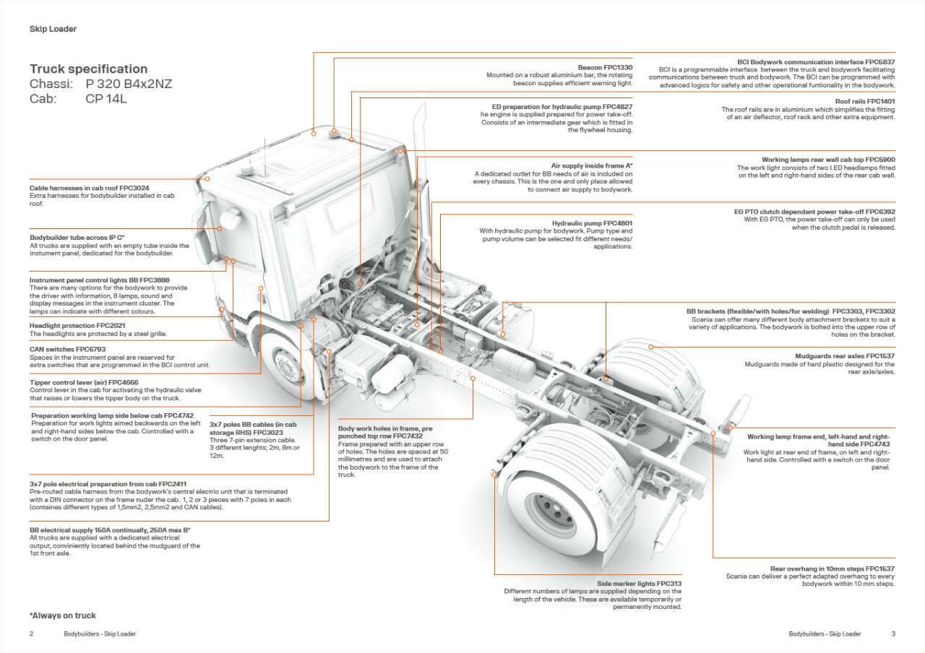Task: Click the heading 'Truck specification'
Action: coord(88,69)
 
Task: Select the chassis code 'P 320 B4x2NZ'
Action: coord(129,84)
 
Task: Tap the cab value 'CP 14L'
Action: coord(106,99)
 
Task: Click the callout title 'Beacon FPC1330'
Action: coord(605,67)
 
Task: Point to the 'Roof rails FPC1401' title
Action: coord(865,102)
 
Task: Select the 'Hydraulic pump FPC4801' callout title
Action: coord(592,223)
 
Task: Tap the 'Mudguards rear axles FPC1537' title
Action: coord(845,356)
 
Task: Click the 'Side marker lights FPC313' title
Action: coord(639,583)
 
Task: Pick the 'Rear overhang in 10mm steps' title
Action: coord(832,568)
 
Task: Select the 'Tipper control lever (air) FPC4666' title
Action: coord(84,382)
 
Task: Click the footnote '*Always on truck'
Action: coord(63,615)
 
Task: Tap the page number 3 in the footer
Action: coord(893,633)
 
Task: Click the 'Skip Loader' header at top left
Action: coord(53,29)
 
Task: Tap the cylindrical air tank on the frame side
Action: coord(514,365)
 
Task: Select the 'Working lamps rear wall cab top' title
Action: coord(828,160)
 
